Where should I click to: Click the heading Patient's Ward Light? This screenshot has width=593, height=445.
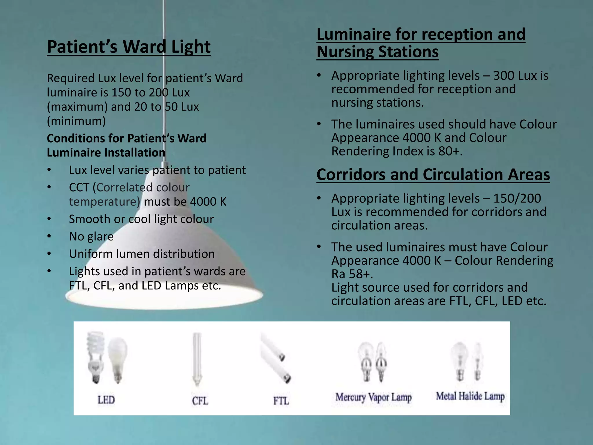point(129,47)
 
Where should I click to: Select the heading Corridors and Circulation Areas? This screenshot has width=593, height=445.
point(433,175)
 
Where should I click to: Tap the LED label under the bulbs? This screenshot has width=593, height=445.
point(106,400)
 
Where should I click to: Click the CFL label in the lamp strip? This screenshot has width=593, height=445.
point(200,401)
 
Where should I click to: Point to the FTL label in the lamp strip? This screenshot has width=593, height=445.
point(281,401)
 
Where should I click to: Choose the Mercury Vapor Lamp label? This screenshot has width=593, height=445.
point(374,397)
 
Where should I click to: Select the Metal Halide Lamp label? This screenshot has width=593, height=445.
point(470,396)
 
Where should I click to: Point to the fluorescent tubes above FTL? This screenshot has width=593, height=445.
point(276,358)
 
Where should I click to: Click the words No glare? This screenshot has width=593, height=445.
point(91,237)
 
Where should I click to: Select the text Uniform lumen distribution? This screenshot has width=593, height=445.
point(142,254)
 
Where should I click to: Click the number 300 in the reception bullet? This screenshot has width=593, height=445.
point(504,76)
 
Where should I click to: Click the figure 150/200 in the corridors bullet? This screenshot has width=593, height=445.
point(517,199)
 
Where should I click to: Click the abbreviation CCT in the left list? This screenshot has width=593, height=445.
point(79,187)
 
